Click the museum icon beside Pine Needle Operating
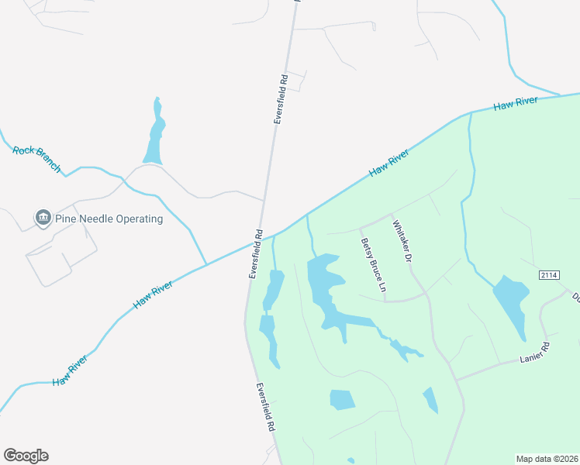click(x=43, y=219)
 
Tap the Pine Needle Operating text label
click(x=109, y=219)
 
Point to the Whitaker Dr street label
click(x=401, y=243)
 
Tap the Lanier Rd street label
click(x=534, y=354)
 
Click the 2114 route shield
click(x=549, y=276)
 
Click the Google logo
click(x=26, y=456)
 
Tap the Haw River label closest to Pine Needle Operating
click(x=153, y=292)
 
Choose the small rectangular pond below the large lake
click(x=341, y=400)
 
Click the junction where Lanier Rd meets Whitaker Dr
click(x=455, y=380)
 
